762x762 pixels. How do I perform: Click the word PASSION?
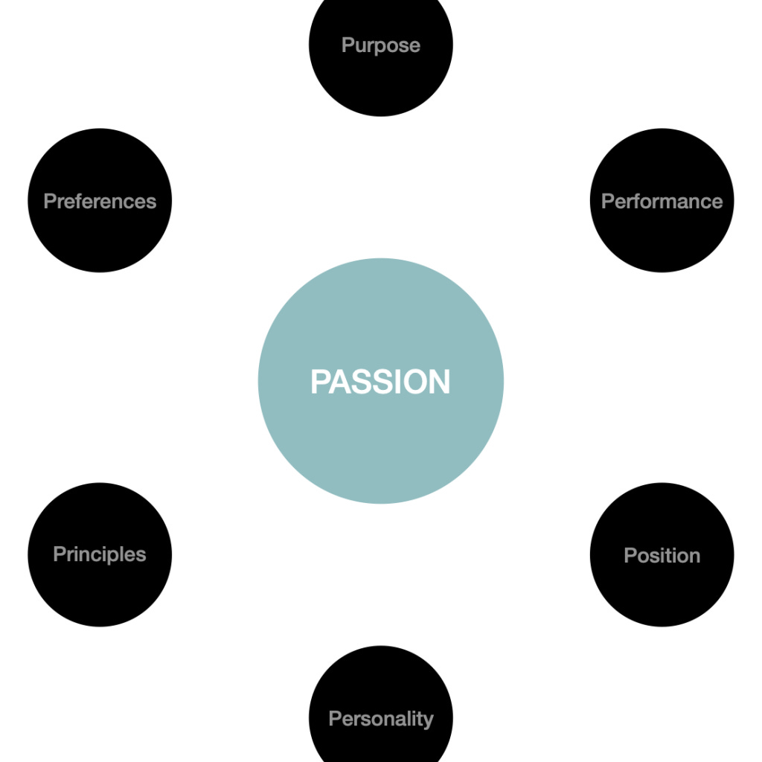[380, 382]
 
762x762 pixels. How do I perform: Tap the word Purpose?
[380, 45]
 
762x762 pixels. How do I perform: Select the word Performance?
[662, 202]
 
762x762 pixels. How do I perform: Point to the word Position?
[662, 556]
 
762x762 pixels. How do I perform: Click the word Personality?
[380, 719]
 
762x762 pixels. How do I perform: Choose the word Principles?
[100, 554]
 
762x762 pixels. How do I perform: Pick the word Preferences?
[100, 202]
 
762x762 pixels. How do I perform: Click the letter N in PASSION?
[438, 382]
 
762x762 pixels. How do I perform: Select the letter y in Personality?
[428, 721]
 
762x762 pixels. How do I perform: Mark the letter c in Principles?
[105, 555]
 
